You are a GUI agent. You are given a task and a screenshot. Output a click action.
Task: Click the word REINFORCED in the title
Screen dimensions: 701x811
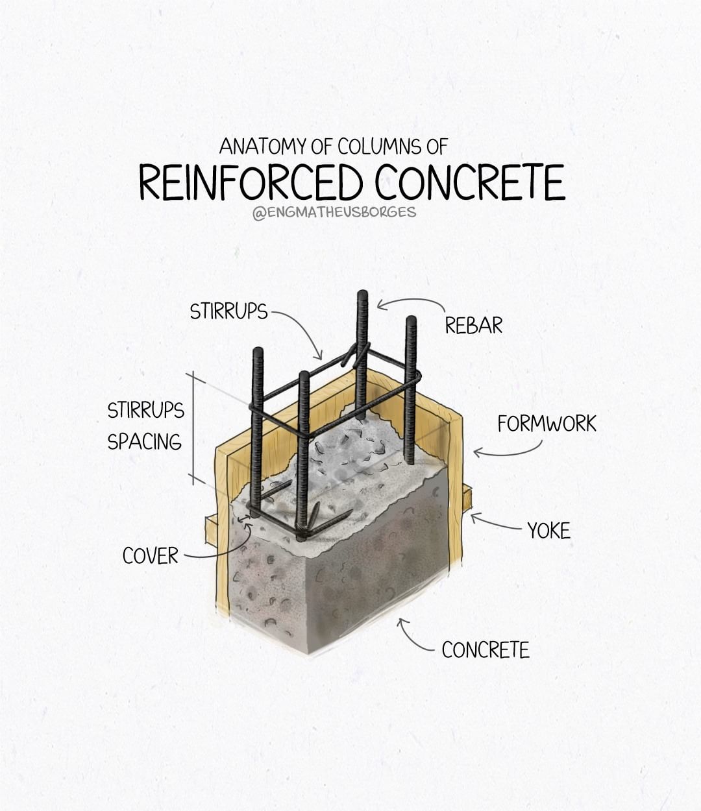(251, 182)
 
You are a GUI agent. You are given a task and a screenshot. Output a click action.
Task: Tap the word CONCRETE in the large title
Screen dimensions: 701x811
(470, 182)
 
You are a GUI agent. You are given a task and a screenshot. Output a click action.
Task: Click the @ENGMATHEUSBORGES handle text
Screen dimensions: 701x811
(334, 213)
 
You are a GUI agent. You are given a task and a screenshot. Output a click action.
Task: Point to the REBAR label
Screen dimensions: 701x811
(473, 325)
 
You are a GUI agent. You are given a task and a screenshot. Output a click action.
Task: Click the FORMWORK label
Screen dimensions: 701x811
(547, 424)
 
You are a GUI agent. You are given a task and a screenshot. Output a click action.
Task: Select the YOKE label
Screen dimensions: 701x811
(548, 531)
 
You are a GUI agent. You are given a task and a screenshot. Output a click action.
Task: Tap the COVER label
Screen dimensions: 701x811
(151, 555)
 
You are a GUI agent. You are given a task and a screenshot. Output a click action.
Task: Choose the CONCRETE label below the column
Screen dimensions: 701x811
(486, 649)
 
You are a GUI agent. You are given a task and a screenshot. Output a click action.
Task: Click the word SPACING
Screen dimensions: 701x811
(145, 441)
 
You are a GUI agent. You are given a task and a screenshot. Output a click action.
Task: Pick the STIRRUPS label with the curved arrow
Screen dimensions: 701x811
(228, 311)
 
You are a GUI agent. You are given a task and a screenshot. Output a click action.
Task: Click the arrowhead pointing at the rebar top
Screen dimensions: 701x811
(380, 304)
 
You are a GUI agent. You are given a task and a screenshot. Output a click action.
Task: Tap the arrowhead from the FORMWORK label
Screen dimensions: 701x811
(476, 452)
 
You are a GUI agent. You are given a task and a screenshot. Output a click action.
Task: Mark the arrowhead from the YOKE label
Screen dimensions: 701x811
(473, 516)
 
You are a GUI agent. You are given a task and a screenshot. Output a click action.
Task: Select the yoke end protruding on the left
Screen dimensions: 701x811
(210, 529)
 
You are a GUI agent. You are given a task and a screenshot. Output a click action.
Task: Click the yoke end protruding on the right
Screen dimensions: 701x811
(467, 498)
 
